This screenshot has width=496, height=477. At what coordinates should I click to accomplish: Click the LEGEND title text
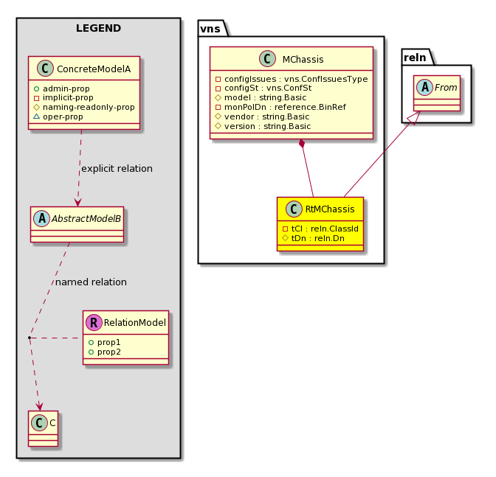tap(98, 28)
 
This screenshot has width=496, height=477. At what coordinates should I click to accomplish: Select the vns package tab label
tap(210, 29)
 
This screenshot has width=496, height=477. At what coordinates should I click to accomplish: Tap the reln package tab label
tap(415, 58)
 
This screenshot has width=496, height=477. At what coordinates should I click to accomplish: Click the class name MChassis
tap(303, 60)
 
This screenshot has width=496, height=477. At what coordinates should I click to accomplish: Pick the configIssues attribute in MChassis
tap(292, 79)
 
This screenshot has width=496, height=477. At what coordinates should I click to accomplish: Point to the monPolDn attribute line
tap(280, 107)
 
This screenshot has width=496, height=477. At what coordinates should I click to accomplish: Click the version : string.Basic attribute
tap(263, 126)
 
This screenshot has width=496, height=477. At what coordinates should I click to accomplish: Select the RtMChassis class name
tap(330, 209)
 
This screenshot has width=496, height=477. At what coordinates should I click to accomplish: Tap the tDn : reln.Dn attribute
tap(314, 238)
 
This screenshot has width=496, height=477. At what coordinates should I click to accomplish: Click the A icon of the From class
tap(424, 88)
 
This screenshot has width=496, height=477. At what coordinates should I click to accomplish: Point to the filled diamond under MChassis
tap(303, 144)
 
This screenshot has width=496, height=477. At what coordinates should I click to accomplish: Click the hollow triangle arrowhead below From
tap(416, 117)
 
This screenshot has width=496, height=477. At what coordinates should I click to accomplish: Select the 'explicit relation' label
tap(117, 169)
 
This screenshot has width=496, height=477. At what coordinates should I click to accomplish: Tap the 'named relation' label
tap(91, 282)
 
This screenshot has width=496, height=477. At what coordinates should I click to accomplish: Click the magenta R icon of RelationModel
tap(94, 322)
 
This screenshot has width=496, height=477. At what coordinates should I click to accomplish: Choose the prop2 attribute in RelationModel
tap(105, 352)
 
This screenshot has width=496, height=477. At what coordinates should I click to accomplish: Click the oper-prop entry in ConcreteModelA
tap(58, 117)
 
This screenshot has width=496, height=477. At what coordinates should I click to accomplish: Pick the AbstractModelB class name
tap(86, 219)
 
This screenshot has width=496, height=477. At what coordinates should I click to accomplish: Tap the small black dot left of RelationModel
tap(29, 338)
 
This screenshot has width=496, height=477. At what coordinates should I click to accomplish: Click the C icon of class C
tap(40, 423)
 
